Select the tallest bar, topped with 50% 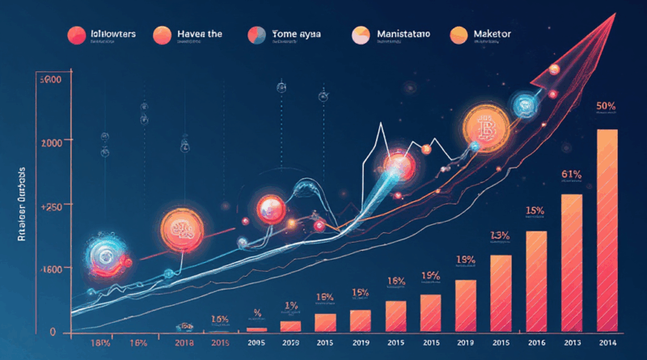[x=607, y=231]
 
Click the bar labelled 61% [x=572, y=263]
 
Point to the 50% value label [x=607, y=106]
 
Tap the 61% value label [x=571, y=174]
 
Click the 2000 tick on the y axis [x=50, y=142]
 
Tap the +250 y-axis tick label [x=50, y=207]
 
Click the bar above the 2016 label [x=537, y=282]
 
